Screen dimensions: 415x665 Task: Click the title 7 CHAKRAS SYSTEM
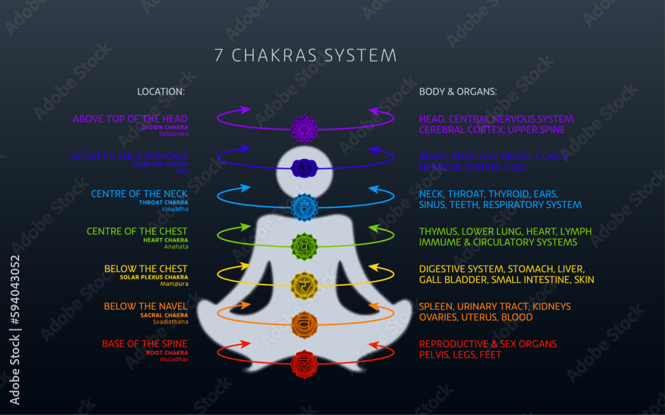305,55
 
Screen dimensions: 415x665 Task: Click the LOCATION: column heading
161,92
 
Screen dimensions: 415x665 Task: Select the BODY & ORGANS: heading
458,92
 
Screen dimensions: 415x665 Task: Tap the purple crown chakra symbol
305,128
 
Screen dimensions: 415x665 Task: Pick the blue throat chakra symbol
305,207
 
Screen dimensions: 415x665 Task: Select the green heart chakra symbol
305,247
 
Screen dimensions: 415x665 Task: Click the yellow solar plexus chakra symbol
305,285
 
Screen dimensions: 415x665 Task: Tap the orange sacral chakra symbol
305,325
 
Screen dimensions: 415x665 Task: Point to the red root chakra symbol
305,364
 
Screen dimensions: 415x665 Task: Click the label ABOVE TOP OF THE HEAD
130,119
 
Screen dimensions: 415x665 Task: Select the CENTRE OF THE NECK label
139,194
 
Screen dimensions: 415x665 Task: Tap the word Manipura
174,284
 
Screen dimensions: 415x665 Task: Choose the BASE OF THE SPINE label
144,344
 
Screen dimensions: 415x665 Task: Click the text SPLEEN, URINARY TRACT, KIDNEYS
495,307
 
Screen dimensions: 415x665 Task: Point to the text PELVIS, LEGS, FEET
460,355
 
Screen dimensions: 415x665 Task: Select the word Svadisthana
170,322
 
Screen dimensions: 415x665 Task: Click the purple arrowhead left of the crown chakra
245,110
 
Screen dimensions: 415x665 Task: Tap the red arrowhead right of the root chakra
373,345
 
